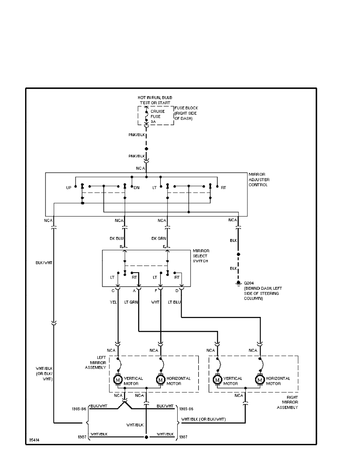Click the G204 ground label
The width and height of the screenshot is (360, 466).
click(249, 283)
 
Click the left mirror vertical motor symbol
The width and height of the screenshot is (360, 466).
click(118, 380)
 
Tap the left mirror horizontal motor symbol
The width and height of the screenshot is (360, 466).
click(160, 380)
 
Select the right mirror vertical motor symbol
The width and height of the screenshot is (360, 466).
click(217, 380)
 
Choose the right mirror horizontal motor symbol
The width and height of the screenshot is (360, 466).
click(260, 380)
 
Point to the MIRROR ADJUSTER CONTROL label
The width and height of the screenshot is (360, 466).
click(259, 179)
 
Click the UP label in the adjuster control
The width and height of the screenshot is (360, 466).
click(69, 188)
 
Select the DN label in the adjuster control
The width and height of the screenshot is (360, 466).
click(137, 188)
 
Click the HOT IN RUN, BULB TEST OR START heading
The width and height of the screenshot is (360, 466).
click(155, 100)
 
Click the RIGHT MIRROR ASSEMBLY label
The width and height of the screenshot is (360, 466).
click(290, 402)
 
